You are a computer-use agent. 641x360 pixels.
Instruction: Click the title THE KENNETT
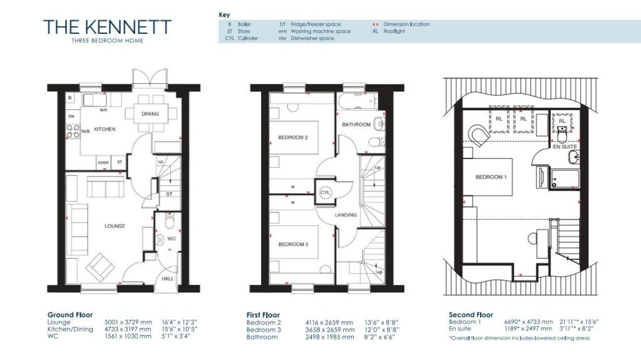point(107,27)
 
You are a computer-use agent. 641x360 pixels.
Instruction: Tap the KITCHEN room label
point(105,129)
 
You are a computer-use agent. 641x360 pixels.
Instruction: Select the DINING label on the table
point(150,114)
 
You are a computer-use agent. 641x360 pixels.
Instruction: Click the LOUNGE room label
point(115,226)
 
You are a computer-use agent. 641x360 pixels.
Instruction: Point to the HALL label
point(168,279)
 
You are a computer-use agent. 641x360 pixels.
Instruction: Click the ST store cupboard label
point(169,194)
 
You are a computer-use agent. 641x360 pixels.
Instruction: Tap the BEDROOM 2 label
point(293,137)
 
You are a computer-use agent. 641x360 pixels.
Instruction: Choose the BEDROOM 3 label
point(293,244)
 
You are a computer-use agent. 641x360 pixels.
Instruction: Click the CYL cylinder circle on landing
point(325,193)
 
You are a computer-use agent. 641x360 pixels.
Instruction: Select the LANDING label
point(346,215)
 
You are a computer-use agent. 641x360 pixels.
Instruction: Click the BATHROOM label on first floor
point(356,125)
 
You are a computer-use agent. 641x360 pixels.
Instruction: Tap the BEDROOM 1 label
point(490,177)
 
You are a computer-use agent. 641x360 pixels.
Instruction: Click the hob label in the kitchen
point(86,131)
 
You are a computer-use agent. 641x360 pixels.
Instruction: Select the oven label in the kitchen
point(104,162)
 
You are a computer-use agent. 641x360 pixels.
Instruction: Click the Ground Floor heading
point(70,315)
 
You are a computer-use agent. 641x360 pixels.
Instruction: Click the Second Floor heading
point(471,315)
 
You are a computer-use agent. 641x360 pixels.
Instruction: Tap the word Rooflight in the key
point(394,31)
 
